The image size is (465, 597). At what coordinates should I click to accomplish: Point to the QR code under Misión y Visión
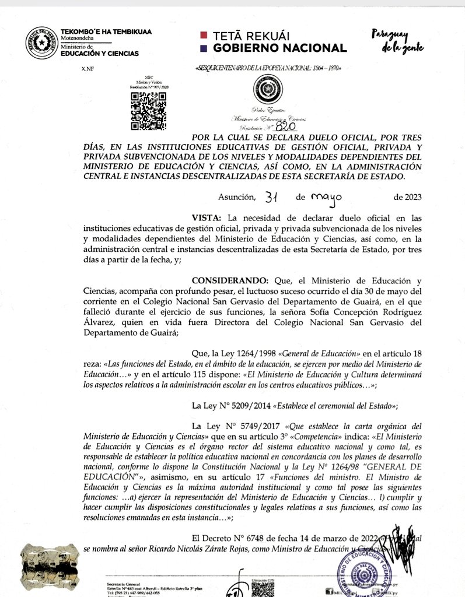pos(149,111)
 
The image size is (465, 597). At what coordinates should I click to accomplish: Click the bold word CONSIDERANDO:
pos(225,280)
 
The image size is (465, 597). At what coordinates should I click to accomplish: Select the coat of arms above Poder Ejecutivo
pos(267,90)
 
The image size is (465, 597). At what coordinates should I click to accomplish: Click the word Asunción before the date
pos(237,197)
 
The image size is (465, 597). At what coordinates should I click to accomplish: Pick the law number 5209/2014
pos(244,405)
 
